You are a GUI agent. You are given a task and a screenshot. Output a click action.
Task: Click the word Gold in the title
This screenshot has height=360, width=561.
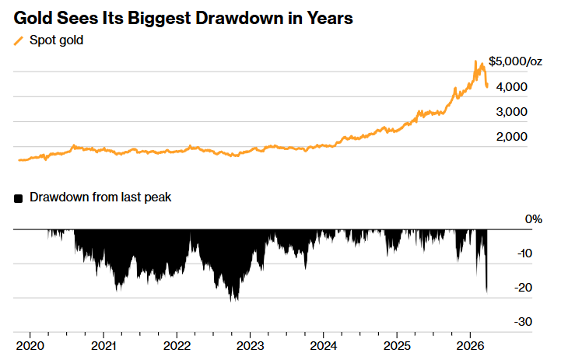point(33,17)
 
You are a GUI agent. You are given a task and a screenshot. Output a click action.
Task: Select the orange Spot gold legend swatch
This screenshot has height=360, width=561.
point(19,40)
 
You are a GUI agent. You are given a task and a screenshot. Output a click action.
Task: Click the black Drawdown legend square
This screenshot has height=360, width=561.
point(19,198)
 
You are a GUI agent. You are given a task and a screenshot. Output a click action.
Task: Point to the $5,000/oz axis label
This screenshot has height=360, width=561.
point(515,61)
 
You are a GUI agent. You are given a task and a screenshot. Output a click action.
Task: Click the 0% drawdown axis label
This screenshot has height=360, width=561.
point(533,219)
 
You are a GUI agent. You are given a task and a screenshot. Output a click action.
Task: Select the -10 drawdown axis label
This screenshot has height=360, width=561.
point(524,253)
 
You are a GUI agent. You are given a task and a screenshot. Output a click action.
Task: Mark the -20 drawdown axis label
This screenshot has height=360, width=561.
point(524,287)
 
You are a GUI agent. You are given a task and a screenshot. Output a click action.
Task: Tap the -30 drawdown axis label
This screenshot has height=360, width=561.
point(524,321)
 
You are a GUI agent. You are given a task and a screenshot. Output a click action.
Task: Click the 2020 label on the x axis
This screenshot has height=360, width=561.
point(30,344)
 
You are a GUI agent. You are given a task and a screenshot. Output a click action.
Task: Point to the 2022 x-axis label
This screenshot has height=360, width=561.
point(177,344)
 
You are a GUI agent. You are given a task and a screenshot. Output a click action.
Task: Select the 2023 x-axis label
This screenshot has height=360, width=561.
point(251,344)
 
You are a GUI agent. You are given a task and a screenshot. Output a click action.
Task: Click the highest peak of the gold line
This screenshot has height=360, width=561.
point(476,61)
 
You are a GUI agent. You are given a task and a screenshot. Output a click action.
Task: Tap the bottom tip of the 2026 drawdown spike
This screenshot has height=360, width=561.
point(487,292)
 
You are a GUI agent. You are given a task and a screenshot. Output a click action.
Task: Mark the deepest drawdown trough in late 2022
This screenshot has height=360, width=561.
point(234,300)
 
